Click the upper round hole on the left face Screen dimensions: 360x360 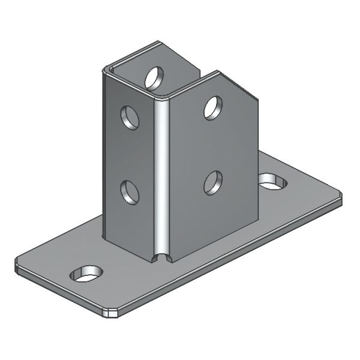[x=129, y=117]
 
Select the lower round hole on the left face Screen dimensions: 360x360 [x=129, y=192]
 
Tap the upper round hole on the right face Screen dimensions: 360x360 [x=213, y=107]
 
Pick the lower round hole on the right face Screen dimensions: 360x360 [x=212, y=182]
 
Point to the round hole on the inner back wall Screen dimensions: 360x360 [x=154, y=76]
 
